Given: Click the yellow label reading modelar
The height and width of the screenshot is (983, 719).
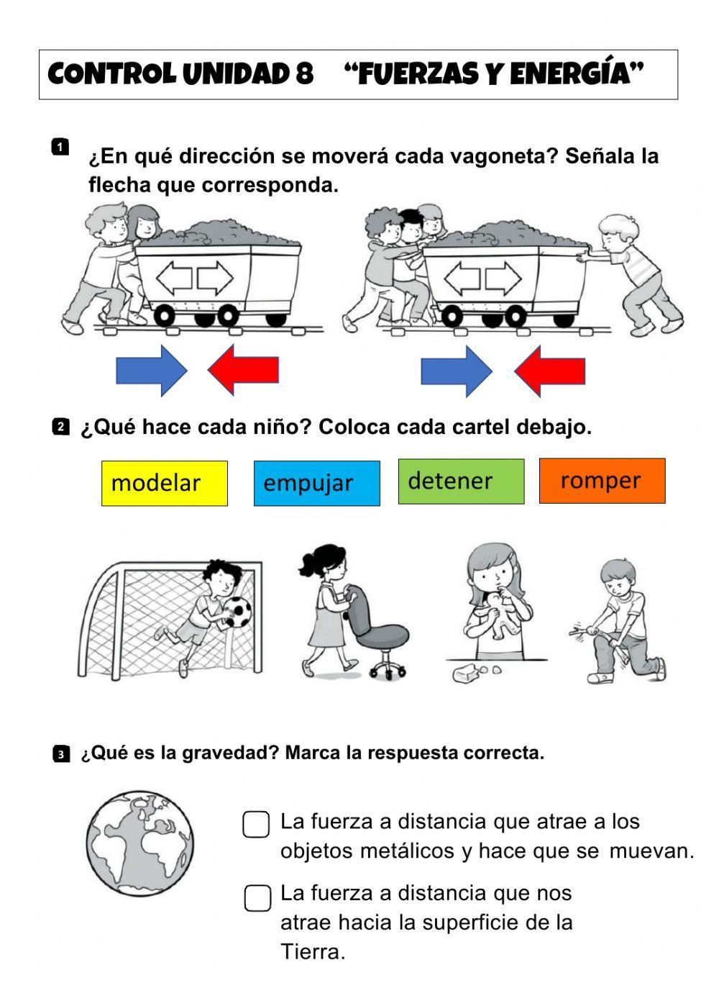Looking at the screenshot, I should (x=164, y=483).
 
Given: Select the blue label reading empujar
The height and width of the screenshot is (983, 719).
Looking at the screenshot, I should (x=316, y=483).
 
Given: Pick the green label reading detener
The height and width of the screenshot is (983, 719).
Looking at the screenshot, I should (x=461, y=481).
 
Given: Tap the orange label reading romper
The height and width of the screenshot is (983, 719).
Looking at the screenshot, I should (x=602, y=480).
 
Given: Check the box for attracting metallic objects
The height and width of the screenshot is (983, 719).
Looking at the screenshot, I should (x=256, y=825).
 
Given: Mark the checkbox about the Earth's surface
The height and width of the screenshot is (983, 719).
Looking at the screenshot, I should (x=257, y=898).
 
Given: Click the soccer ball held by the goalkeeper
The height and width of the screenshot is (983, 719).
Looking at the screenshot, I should (x=238, y=612).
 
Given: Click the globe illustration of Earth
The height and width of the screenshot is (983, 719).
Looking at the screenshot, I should (x=140, y=844).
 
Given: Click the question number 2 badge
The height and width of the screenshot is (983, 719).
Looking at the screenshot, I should (x=60, y=427).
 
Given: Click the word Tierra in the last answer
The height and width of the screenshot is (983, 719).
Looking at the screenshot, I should (x=311, y=952).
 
